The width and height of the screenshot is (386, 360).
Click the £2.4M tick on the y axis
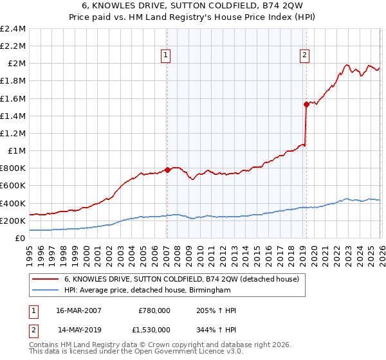[x=14, y=29]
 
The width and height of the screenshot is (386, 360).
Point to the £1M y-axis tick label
[x=17, y=151]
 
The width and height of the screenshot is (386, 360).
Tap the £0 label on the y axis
[x=21, y=239]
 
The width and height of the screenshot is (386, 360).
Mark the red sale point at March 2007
[x=167, y=170]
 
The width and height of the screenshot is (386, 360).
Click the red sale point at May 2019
[x=306, y=104]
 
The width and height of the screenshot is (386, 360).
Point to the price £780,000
[x=154, y=310]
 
